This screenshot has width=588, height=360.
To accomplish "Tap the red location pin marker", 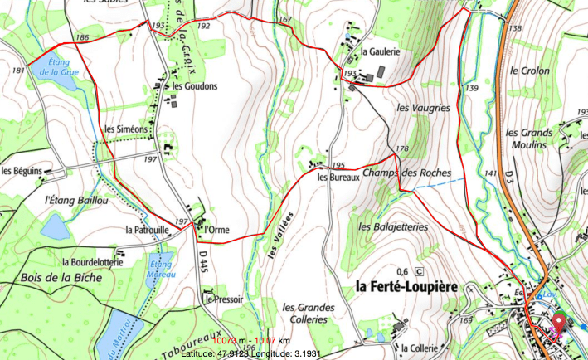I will point(558,325).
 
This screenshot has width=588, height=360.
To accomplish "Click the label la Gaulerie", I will point(381,51).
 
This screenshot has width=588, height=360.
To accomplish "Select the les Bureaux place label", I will point(337,175).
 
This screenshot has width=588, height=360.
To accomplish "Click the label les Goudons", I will point(194,86).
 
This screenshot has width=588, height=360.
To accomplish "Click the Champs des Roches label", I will point(406,173).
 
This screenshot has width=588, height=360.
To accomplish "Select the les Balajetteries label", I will point(393,226).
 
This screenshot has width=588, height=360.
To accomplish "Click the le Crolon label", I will point(530,71).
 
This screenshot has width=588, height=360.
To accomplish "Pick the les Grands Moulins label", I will point(530,139).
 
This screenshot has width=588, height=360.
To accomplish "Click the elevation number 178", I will point(402,149).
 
